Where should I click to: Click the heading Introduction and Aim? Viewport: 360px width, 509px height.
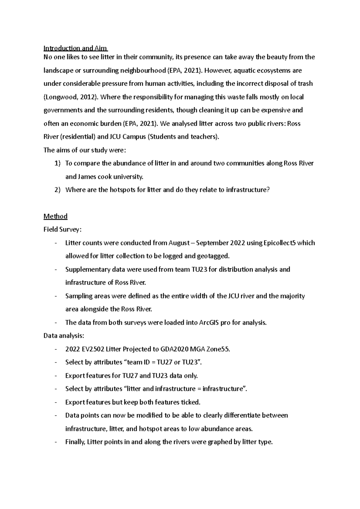(x=76, y=48)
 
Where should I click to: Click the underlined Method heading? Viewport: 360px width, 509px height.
(x=55, y=216)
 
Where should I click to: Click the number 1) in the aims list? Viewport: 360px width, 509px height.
(x=57, y=163)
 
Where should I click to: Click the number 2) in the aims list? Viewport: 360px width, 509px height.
(x=57, y=190)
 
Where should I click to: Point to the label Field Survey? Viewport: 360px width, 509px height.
(x=62, y=230)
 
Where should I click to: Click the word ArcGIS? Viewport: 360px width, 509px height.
(x=208, y=323)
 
